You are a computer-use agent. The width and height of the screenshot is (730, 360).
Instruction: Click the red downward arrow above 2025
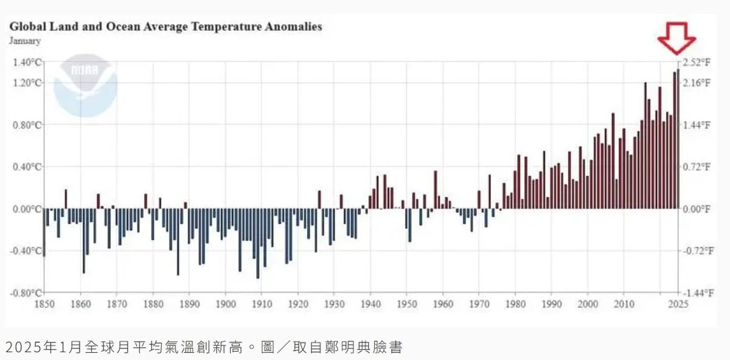[x=676, y=38]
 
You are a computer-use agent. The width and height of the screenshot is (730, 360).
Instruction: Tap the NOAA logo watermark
[x=85, y=86]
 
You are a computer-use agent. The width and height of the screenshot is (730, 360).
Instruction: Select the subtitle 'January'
[x=25, y=41]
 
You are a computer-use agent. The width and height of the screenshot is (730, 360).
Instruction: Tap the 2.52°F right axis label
[x=696, y=62]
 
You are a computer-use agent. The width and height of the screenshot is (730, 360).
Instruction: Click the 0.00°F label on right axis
[x=696, y=209]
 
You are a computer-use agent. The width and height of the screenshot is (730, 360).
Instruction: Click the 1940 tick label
[x=370, y=304]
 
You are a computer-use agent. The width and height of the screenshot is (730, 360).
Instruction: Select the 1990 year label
[x=552, y=304]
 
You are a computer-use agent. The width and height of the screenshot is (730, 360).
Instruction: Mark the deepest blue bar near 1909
[x=258, y=243]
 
